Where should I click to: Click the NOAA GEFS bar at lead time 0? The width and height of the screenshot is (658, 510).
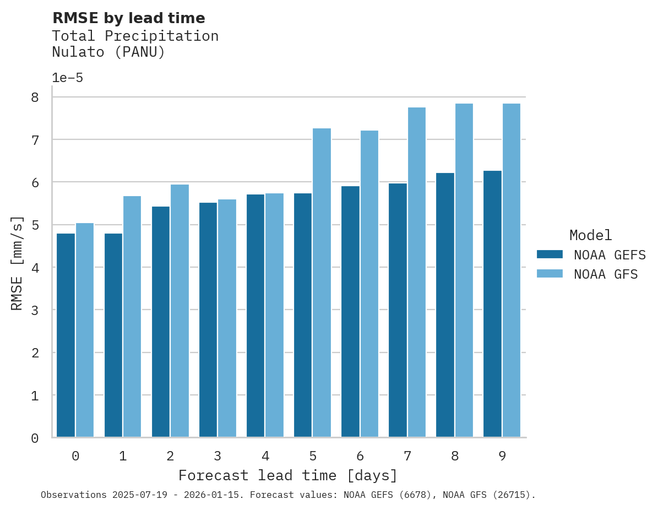pyautogui.click(x=66, y=335)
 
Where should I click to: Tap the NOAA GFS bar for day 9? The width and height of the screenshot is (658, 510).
pyautogui.click(x=512, y=270)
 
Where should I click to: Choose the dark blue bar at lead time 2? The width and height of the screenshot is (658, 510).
pyautogui.click(x=161, y=322)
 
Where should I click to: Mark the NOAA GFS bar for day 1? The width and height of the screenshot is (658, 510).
pyautogui.click(x=132, y=317)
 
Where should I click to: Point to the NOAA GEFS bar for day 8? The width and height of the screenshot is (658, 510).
pyautogui.click(x=445, y=305)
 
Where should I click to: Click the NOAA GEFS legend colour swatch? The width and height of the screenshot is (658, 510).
pyautogui.click(x=550, y=254)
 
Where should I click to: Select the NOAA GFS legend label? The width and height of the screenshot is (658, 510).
pyautogui.click(x=606, y=274)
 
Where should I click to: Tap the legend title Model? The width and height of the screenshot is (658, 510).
pyautogui.click(x=590, y=236)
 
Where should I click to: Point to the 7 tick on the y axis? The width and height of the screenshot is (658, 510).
pyautogui.click(x=35, y=140)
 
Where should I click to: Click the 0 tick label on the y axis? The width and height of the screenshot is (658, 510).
pyautogui.click(x=35, y=438)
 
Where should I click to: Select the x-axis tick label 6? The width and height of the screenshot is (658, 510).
pyautogui.click(x=360, y=456)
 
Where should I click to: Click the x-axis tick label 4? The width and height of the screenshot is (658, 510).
pyautogui.click(x=265, y=456)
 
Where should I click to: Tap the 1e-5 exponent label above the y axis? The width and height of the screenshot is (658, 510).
pyautogui.click(x=67, y=78)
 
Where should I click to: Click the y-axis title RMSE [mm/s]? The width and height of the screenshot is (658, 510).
pyautogui.click(x=17, y=263)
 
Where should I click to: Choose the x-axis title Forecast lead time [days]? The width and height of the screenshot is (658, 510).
pyautogui.click(x=287, y=475)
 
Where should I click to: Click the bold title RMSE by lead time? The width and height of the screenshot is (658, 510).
pyautogui.click(x=128, y=18)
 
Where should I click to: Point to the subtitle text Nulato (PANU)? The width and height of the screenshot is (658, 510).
pyautogui.click(x=108, y=52)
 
